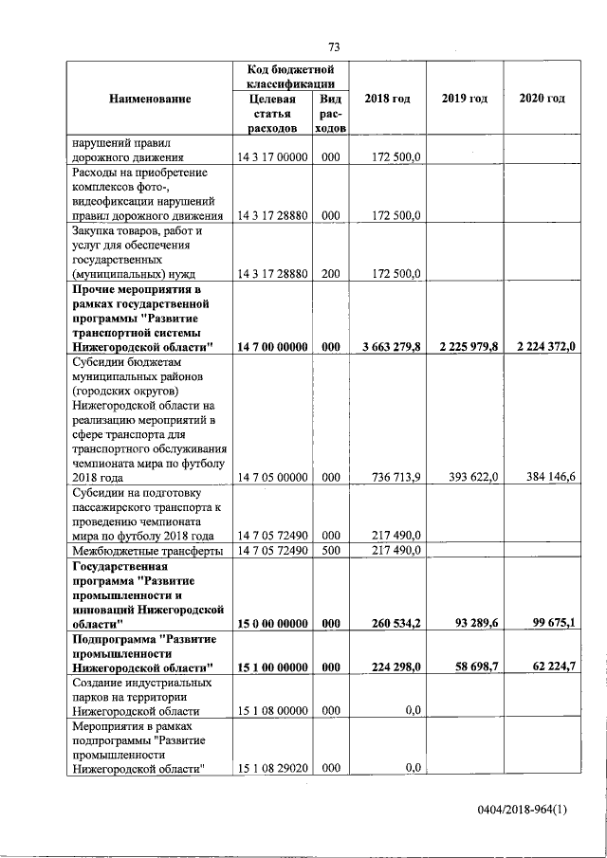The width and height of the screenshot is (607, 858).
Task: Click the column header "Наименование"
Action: (150, 99)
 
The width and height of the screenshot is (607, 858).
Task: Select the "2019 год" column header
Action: (465, 99)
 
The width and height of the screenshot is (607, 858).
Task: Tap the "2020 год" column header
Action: (543, 99)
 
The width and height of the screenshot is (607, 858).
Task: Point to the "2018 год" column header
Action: (387, 99)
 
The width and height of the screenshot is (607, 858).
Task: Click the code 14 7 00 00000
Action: (272, 347)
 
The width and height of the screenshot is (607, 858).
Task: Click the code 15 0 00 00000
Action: (272, 623)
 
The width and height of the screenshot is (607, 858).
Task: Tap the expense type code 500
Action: (330, 550)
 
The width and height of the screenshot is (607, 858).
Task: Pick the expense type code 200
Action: (330, 274)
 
